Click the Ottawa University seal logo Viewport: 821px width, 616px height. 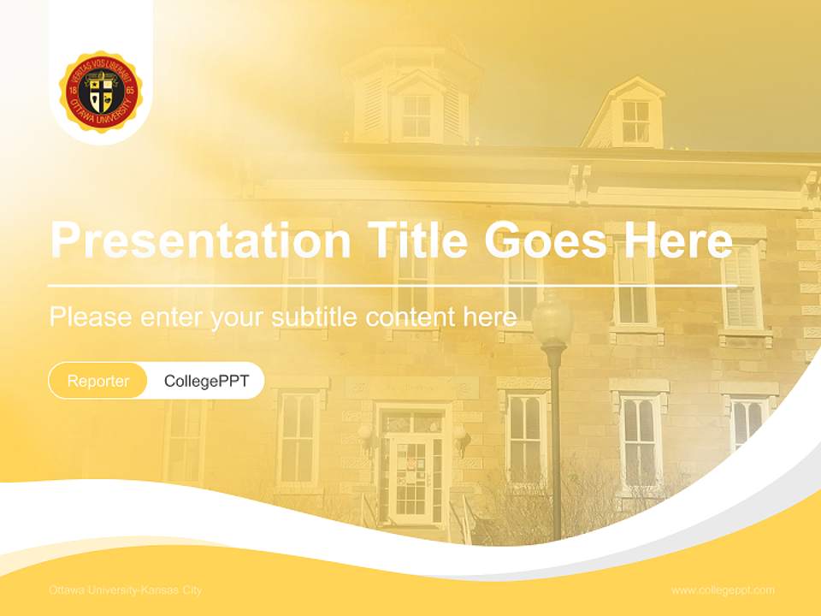(101, 92)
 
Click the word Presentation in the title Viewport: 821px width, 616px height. (200, 241)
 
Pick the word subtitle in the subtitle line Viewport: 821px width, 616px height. (315, 317)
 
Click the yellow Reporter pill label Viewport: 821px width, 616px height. (98, 381)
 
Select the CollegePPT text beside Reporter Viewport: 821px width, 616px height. (206, 381)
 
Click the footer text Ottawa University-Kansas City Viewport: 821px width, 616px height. (126, 590)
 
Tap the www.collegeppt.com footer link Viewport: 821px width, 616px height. (723, 590)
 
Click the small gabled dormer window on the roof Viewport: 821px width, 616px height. (635, 121)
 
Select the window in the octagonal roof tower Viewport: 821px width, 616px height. (416, 115)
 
